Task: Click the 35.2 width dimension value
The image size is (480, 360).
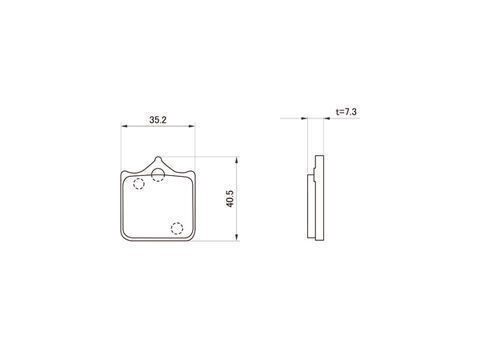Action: [158, 120]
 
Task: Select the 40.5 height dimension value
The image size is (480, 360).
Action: [230, 199]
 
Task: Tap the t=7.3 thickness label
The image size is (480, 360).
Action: [346, 112]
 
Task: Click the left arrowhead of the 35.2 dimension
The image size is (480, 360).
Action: [124, 126]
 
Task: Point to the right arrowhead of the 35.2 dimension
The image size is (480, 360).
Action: [191, 126]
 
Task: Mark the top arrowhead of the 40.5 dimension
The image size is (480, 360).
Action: [236, 160]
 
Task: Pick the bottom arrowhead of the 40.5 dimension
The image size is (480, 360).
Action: [236, 237]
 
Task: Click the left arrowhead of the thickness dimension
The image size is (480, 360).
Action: [304, 118]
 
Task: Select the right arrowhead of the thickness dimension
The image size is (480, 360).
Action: [326, 118]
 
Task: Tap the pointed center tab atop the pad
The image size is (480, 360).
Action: [158, 162]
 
